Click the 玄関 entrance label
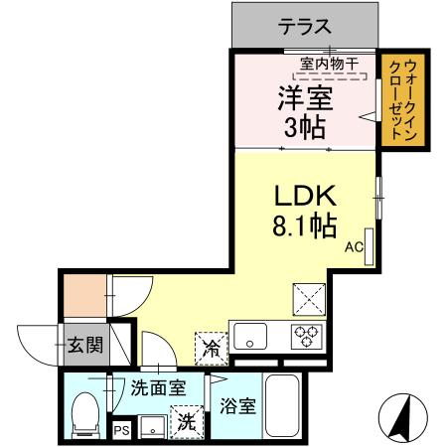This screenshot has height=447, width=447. [x=84, y=346]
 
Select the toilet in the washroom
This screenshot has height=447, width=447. [x=86, y=410]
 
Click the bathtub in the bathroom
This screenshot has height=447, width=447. [x=287, y=408]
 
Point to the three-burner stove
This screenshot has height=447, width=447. [x=304, y=336]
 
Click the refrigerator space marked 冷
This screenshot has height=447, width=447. [x=211, y=347]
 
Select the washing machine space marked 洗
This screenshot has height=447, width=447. [x=186, y=420]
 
